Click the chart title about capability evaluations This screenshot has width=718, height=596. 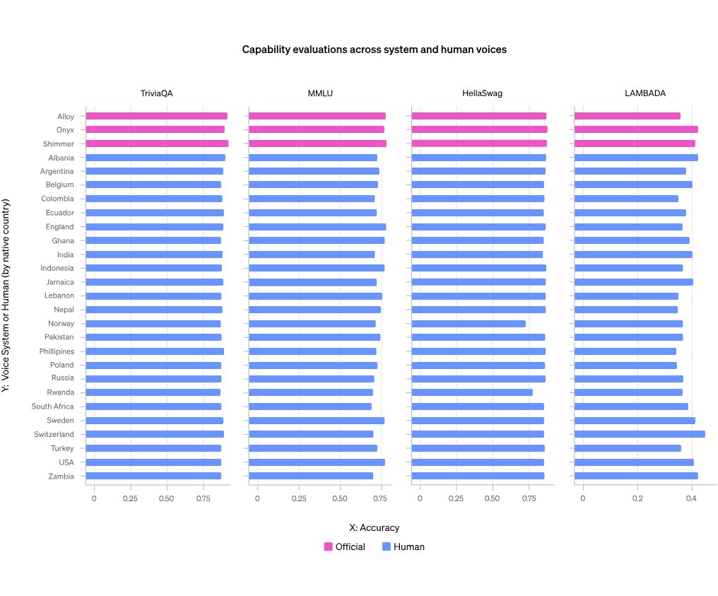coord(374,49)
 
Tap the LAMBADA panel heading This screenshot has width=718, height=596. coord(645,93)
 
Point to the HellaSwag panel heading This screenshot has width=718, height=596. coord(483,93)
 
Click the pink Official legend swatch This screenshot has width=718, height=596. coord(329,547)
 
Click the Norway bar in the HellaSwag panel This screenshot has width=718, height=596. coord(469,324)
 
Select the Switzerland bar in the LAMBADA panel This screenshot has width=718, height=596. coord(640,434)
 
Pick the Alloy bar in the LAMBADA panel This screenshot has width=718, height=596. coord(628,116)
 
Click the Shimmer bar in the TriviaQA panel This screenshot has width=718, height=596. coord(157,144)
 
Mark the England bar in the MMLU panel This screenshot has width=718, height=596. coord(318,227)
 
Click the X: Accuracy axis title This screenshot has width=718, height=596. coord(374,527)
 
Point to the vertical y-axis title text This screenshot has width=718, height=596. coord(6,296)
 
